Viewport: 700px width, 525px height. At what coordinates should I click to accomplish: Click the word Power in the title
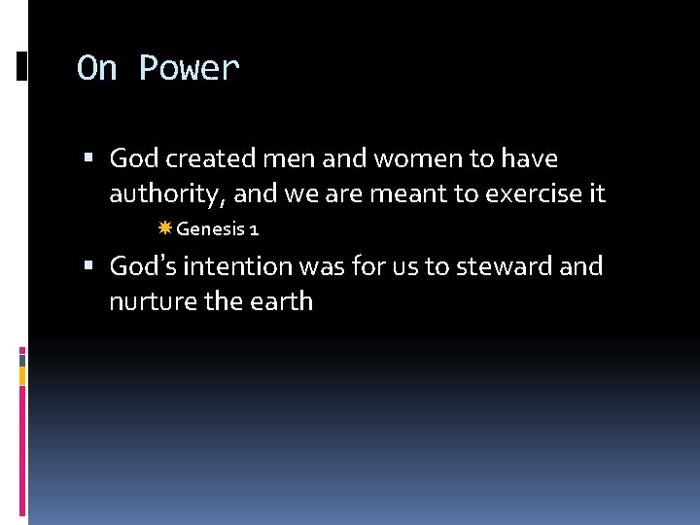click(189, 69)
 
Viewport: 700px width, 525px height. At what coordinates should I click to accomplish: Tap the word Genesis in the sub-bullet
click(208, 229)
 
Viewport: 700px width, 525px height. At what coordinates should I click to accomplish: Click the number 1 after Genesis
click(253, 229)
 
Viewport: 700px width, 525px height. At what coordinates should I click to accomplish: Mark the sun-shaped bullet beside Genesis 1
click(164, 228)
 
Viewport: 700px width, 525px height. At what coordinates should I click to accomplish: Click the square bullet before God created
click(88, 158)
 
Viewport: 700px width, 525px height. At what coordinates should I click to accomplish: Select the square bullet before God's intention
click(88, 266)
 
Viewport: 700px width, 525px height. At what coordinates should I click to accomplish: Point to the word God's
click(142, 265)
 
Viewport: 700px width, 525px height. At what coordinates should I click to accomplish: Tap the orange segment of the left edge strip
click(22, 375)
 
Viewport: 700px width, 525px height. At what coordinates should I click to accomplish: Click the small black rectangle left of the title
click(21, 66)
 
